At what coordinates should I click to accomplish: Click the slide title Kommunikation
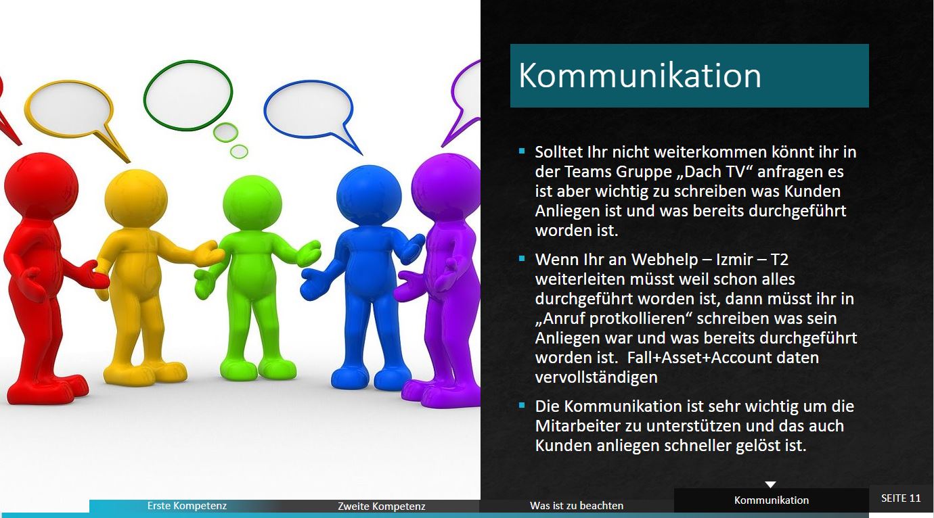coord(640,76)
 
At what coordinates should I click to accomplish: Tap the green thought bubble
coord(188,95)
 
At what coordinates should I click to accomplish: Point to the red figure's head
coord(41,185)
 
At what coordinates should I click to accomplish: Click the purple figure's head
coord(446,186)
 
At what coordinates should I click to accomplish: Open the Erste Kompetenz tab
coord(187,506)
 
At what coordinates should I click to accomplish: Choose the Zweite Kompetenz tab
coord(382,506)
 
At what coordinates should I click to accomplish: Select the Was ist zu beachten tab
coord(577,506)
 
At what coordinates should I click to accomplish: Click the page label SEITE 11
coord(901,498)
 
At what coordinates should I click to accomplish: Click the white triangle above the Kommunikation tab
coord(770,484)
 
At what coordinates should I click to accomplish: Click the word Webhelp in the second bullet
coord(664,260)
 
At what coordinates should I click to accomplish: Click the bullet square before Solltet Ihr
coord(522,151)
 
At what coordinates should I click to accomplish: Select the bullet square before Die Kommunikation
coord(522,405)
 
